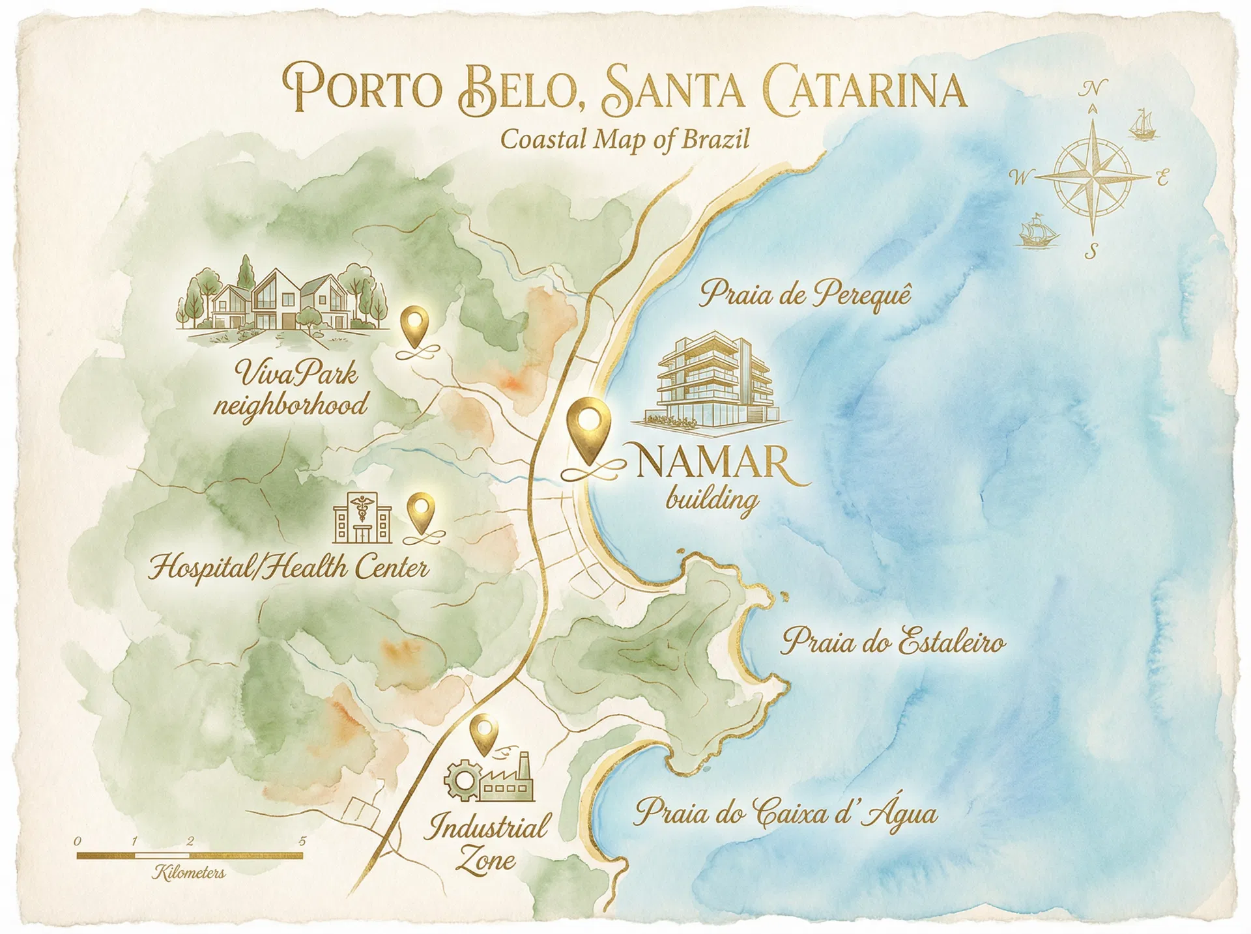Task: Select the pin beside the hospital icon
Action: point(422,511)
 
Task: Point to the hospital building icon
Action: point(362,519)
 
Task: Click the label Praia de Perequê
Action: point(805,294)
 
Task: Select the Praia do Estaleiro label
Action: point(893,642)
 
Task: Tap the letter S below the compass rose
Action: point(1091,251)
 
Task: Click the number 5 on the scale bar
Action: point(302,842)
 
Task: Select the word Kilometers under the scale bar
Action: point(190,873)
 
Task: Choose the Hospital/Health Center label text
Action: point(288,568)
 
